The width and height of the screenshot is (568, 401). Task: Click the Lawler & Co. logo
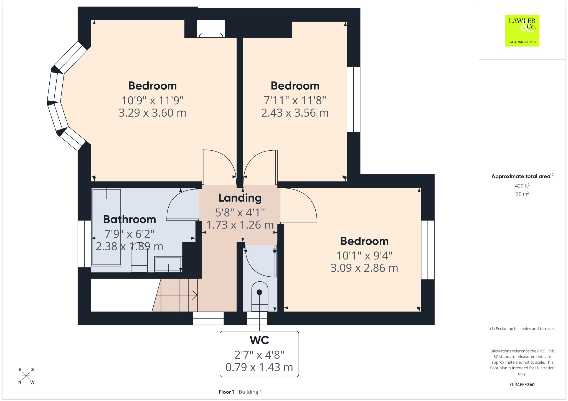pos(522,30)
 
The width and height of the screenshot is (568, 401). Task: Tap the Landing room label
pos(240,198)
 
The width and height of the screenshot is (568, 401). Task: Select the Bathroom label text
pos(130,219)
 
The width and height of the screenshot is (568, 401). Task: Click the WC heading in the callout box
pos(259,340)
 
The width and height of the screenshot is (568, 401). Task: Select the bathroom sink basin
pos(168,264)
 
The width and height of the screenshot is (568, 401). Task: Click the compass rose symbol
pos(26,376)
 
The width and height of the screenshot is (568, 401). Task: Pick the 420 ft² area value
pos(522,186)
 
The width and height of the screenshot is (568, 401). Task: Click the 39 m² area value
pos(522,194)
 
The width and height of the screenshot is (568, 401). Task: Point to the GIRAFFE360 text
pos(522,384)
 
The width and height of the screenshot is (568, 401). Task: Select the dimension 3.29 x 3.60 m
pos(152,113)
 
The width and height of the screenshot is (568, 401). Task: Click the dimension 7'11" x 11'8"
pos(295,100)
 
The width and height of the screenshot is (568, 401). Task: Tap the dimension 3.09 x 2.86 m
pos(364,268)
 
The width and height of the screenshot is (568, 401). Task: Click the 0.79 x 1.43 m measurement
pos(259,367)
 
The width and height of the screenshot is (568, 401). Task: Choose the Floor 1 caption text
pos(226,392)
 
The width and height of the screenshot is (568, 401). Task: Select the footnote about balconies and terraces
pos(522,329)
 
